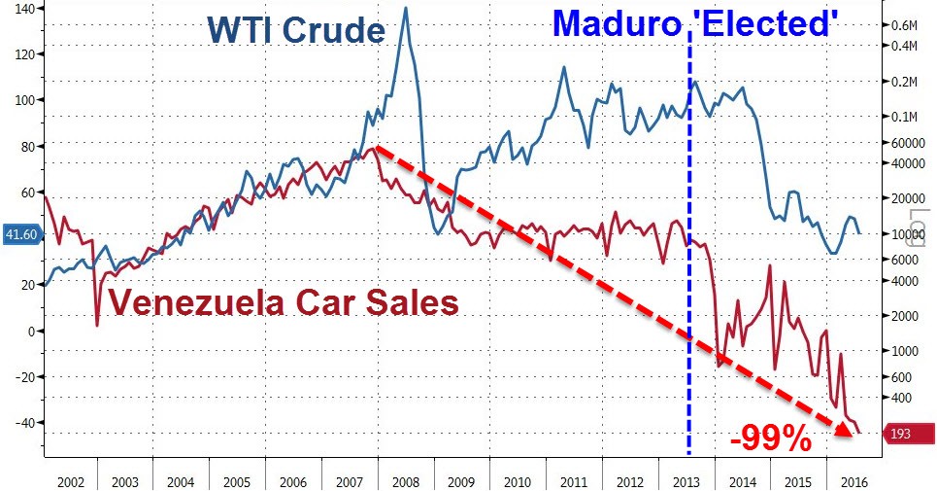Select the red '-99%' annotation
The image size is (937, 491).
tap(771, 439)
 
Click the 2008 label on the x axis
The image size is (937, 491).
tap(405, 480)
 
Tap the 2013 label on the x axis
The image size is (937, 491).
tap(686, 480)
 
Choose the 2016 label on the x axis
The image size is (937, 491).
tap(854, 480)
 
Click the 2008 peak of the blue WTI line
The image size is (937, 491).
tap(404, 9)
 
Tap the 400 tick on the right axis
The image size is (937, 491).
tap(903, 398)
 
